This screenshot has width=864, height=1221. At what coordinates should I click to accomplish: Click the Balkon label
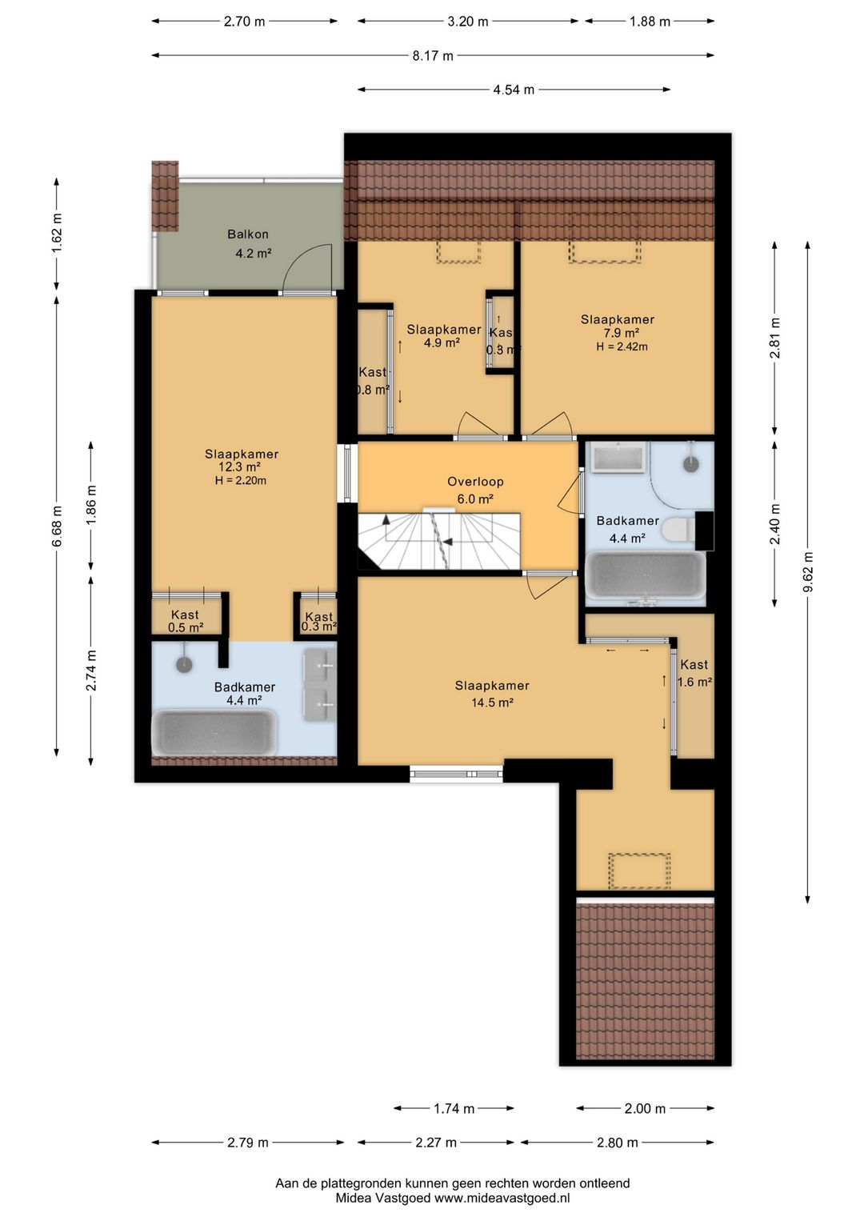[x=248, y=234]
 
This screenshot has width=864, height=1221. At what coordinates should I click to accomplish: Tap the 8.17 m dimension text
[x=433, y=55]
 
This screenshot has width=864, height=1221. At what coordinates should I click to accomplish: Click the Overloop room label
[x=475, y=482]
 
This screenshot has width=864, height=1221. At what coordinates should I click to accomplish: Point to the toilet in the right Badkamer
[x=678, y=528]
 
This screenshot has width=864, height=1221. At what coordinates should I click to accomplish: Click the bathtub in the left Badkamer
[x=214, y=732]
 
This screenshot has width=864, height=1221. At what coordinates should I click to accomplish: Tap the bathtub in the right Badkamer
[x=646, y=575]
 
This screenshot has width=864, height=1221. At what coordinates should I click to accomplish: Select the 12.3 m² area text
[x=239, y=467]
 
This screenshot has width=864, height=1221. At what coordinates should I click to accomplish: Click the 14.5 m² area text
[x=492, y=703]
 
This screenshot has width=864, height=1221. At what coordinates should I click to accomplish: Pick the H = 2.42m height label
[x=622, y=346]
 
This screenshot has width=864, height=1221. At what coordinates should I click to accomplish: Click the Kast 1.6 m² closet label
[x=694, y=673]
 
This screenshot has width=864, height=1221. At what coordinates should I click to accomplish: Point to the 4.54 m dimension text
[x=514, y=90]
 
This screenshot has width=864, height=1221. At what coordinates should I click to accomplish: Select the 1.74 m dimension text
[x=454, y=1108]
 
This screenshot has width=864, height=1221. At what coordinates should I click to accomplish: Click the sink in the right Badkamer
[x=618, y=456]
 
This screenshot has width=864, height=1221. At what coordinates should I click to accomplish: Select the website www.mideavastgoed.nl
[x=502, y=1198]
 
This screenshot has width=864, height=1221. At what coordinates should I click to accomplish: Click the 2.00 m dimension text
[x=645, y=1108]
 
